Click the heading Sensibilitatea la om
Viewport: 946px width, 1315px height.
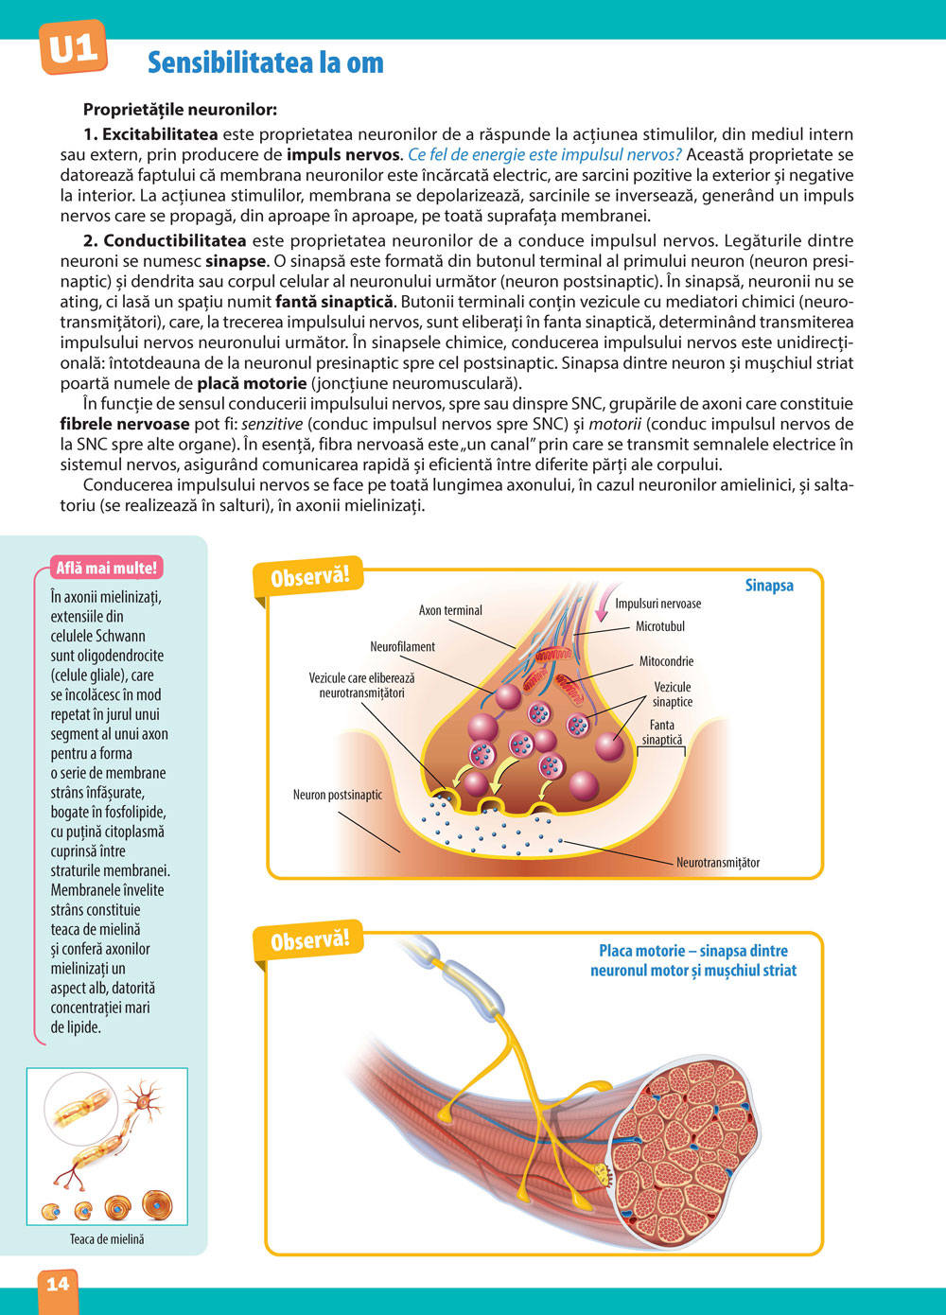266,62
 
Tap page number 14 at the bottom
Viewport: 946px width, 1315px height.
58,1283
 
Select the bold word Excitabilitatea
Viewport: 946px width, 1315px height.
160,134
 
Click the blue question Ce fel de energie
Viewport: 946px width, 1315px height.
544,155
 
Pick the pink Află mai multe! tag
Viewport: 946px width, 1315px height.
107,568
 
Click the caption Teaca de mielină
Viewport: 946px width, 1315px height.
107,1238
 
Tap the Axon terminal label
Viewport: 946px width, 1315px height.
450,610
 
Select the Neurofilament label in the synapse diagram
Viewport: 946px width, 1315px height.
402,646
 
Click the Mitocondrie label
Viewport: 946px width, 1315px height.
666,661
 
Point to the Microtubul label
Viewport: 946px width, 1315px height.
659,626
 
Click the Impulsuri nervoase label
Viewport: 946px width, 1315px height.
657,604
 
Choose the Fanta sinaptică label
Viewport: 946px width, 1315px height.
662,732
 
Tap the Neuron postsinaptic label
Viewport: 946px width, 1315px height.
338,795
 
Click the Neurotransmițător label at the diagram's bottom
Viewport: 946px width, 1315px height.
718,862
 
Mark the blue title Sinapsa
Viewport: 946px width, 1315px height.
769,586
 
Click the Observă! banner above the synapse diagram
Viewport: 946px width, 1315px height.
310,576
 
